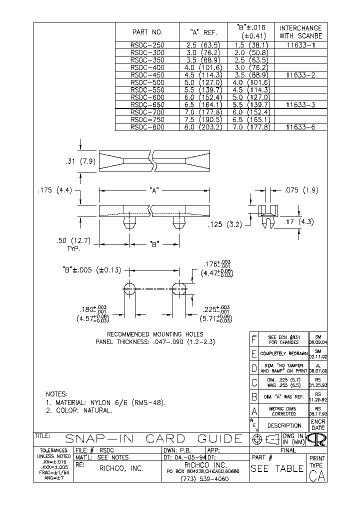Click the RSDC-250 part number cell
[x=147, y=44]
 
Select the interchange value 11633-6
[x=300, y=127]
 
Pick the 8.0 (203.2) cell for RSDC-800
[x=203, y=127]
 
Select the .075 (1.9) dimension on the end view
[x=300, y=190]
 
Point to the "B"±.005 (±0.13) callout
[x=90, y=270]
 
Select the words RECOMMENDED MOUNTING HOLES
[x=155, y=334]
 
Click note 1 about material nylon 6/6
[x=106, y=402]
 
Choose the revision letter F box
[x=253, y=339]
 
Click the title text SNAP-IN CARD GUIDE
[x=154, y=439]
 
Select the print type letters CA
[x=317, y=475]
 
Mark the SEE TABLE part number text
[x=277, y=468]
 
